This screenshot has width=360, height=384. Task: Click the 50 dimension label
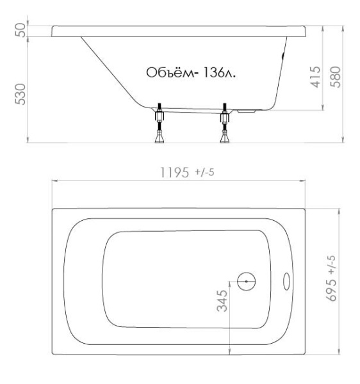point(20,30)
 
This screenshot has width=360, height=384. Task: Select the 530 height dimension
point(20,94)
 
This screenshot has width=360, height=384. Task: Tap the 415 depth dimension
point(315,77)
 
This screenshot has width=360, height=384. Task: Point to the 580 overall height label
point(335,77)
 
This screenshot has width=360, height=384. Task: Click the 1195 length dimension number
point(174,172)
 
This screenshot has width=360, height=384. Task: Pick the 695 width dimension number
point(331,290)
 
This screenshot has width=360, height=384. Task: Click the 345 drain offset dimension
point(222,301)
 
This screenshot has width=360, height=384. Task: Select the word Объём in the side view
point(171,72)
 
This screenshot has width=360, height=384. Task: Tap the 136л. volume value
point(219,72)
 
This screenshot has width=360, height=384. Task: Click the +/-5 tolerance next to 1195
point(204,172)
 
